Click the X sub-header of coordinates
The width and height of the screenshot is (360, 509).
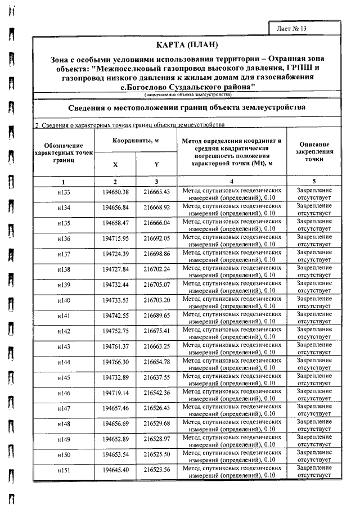115,164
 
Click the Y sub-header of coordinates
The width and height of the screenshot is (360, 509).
156,164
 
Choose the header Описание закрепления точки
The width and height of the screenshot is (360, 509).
314,152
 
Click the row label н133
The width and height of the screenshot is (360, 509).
64,193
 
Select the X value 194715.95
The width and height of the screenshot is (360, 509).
115,240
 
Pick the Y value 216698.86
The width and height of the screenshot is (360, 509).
156,255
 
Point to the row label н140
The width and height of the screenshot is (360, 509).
64,301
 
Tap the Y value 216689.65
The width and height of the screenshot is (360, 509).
156,316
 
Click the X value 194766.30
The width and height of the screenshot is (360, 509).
115,362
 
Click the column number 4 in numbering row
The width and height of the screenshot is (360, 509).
232,182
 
